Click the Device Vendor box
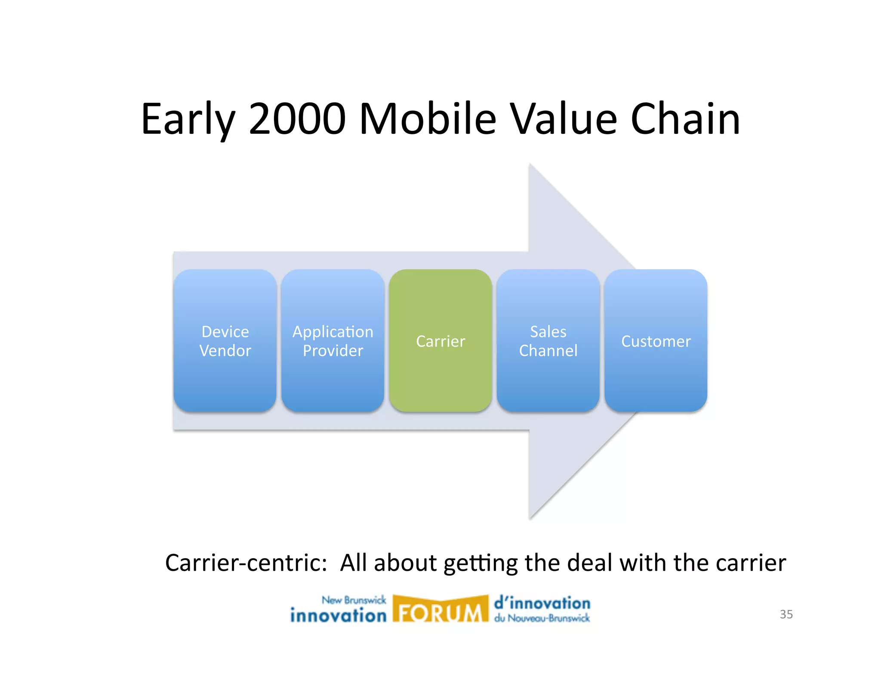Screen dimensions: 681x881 (x=225, y=340)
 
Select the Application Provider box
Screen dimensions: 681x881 (x=333, y=340)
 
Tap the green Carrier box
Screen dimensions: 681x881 (x=440, y=340)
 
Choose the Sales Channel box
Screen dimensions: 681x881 (x=548, y=340)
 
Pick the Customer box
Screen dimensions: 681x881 (x=656, y=340)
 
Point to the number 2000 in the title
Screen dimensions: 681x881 (x=297, y=119)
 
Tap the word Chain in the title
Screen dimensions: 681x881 (x=685, y=119)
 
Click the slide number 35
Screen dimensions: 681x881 (x=786, y=614)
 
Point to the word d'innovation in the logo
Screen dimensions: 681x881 (x=542, y=603)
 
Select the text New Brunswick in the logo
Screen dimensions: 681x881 (x=354, y=600)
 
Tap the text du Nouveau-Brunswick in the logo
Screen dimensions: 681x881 (x=542, y=619)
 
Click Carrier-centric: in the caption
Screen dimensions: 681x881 (x=246, y=563)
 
